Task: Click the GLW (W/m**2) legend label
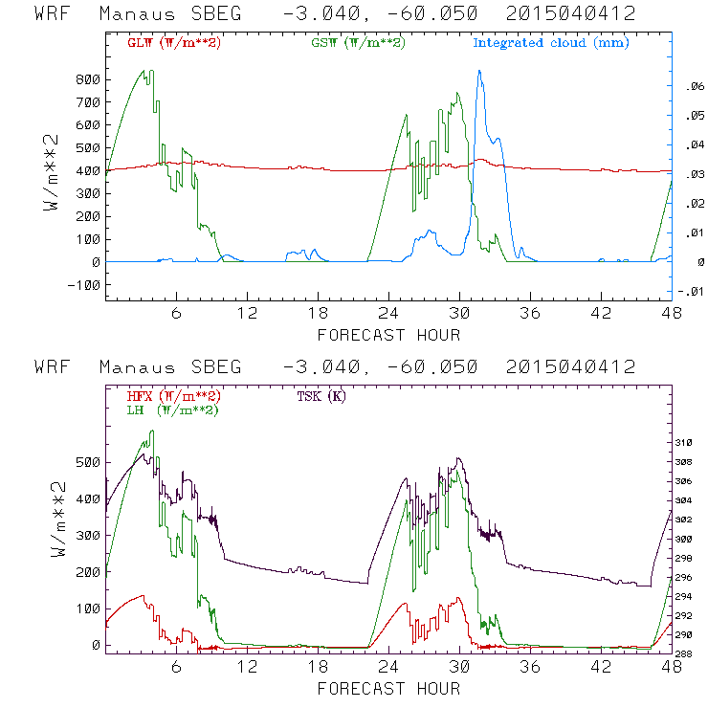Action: click(174, 43)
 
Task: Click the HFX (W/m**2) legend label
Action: click(174, 396)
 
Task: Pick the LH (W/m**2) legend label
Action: click(174, 409)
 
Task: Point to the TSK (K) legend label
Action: click(321, 396)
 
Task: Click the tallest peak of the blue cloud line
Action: click(479, 71)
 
